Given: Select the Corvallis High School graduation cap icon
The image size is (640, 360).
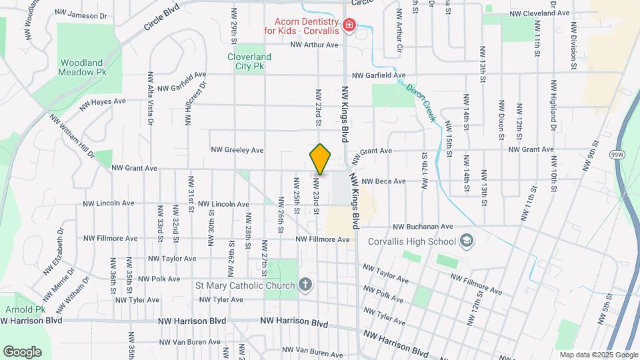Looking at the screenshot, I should point(467,241).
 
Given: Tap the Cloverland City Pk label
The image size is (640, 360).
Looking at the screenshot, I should point(250,62).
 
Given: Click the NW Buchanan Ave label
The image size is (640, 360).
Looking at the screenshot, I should point(423,227).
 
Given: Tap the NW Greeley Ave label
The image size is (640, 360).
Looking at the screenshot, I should point(237,150).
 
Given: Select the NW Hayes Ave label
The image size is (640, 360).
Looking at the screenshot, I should point(103,102).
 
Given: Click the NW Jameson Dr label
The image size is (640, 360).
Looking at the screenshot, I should point(82,15).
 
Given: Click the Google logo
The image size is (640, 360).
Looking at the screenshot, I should point(22,352).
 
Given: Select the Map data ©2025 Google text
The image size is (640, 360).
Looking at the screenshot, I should point(599,355).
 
